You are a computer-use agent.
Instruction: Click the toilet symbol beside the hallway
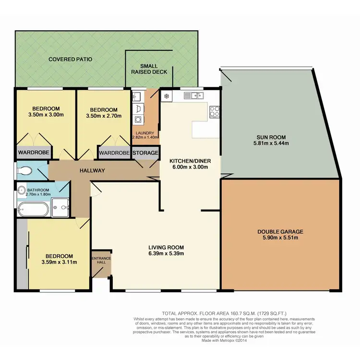click(25, 170)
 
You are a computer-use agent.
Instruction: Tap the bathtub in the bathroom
click(33, 209)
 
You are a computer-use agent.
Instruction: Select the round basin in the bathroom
click(22, 191)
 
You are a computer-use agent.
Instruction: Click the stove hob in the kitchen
click(215, 111)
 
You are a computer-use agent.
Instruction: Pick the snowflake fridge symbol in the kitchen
click(167, 96)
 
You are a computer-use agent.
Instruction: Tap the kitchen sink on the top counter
click(194, 95)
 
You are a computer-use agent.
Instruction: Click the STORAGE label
click(145, 153)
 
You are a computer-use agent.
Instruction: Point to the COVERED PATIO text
click(70, 60)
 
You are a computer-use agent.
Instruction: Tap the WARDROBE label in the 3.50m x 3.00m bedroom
click(32, 153)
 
